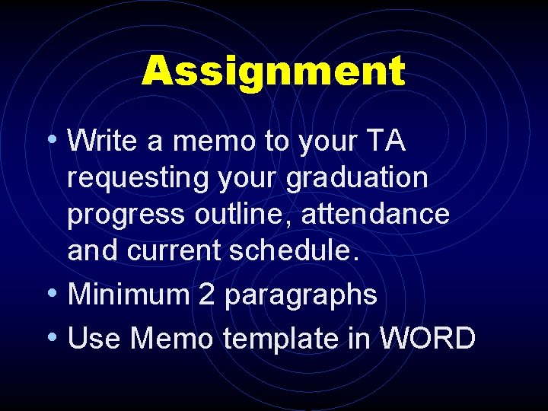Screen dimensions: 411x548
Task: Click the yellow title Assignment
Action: (x=273, y=72)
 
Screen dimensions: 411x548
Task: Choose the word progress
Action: (x=126, y=215)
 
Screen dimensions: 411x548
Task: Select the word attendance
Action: (x=375, y=214)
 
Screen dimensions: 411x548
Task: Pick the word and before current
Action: (x=91, y=250)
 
